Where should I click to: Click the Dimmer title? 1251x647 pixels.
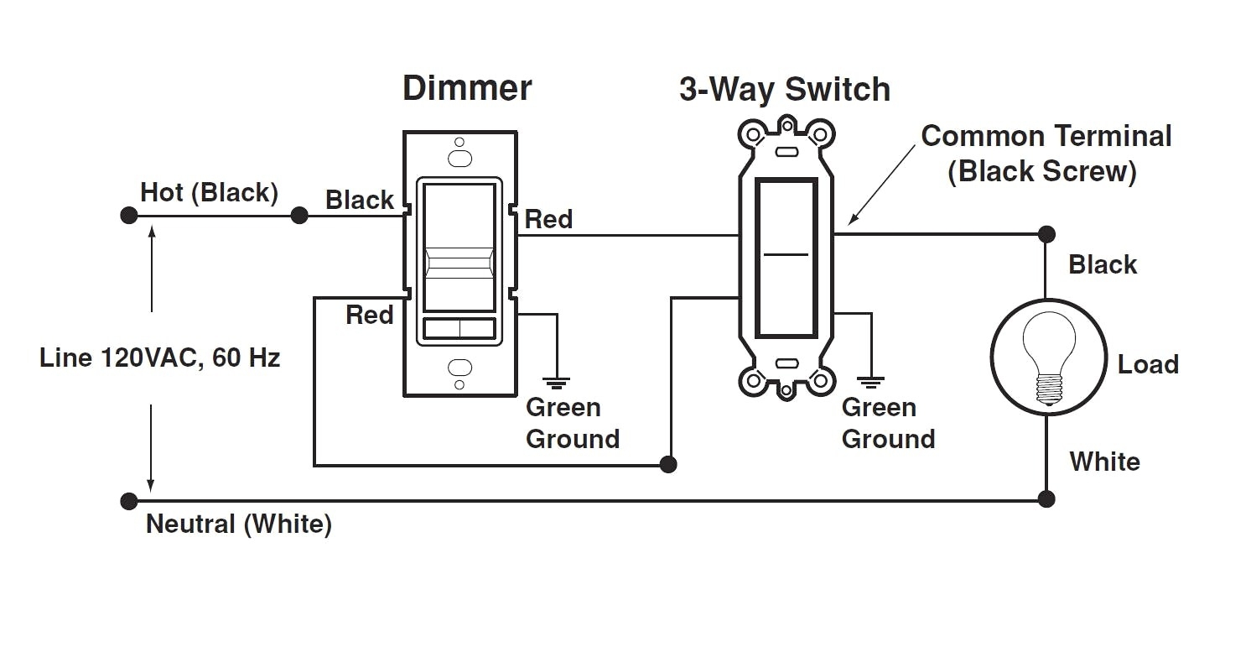(467, 88)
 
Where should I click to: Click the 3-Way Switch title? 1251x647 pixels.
(784, 90)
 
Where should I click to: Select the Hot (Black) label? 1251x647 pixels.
(209, 192)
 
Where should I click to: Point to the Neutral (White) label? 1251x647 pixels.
(239, 524)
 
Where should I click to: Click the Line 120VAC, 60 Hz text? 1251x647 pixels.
(159, 358)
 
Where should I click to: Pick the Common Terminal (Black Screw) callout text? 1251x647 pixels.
(1046, 154)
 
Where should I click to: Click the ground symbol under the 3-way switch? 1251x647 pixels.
(871, 382)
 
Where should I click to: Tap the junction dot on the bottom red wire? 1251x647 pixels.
(668, 464)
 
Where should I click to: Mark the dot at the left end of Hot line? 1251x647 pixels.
(128, 216)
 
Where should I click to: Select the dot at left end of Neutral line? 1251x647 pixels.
(128, 502)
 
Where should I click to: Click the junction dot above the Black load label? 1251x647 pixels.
(1046, 234)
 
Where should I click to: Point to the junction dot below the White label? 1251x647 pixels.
(1046, 499)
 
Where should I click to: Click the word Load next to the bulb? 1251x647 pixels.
(1148, 364)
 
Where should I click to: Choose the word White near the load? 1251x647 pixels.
(1104, 462)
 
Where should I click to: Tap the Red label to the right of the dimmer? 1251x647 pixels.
(548, 220)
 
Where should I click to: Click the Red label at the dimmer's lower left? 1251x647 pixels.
(370, 316)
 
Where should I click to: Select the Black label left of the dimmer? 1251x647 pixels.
(360, 201)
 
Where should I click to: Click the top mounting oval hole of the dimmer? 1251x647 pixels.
(459, 158)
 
